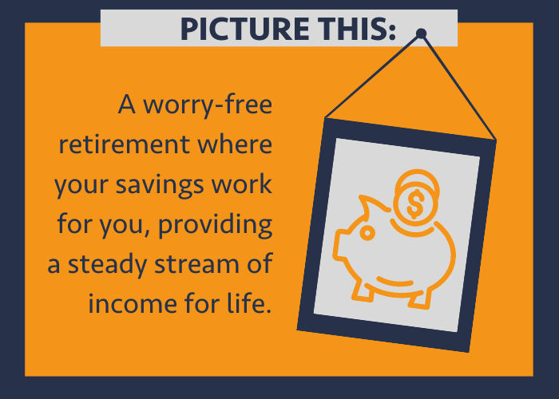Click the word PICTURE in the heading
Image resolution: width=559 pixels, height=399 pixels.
tap(245, 29)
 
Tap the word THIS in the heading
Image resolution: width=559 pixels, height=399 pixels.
tap(357, 29)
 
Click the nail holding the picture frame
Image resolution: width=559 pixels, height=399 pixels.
tap(421, 34)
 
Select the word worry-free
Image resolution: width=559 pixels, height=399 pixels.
tap(208, 105)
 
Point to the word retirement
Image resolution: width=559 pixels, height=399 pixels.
tap(124, 144)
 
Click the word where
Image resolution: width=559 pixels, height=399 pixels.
tap(235, 144)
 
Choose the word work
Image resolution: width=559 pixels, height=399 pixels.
tap(242, 184)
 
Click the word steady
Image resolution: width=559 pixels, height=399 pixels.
tap(107, 265)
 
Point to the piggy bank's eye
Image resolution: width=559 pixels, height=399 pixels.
tap(367, 233)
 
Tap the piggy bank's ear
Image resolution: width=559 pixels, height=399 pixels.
tap(371, 206)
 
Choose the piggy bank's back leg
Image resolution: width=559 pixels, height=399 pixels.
tap(420, 299)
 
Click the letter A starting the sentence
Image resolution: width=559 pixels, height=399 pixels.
tap(126, 104)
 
